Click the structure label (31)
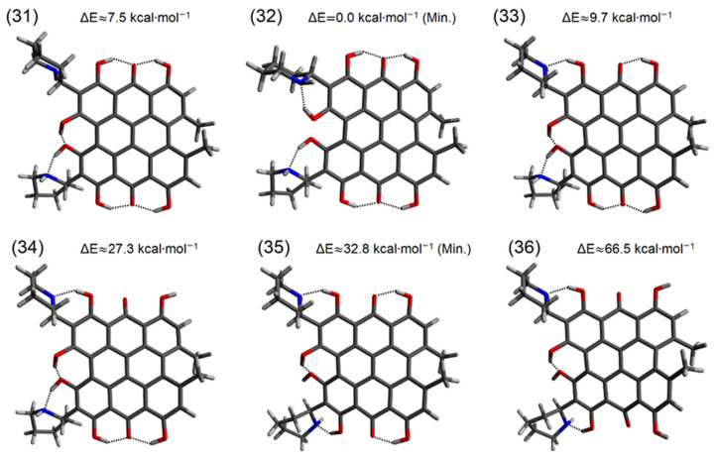coord(23,18)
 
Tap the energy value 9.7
coord(598,17)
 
